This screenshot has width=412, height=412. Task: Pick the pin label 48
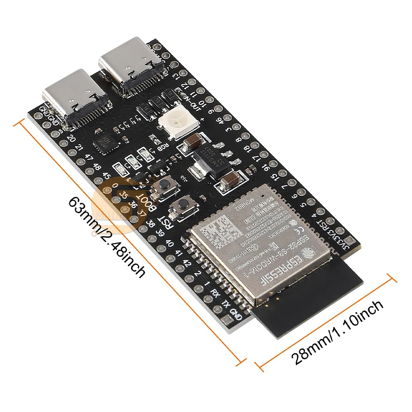point(97,167)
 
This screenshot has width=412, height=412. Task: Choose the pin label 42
point(188,264)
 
